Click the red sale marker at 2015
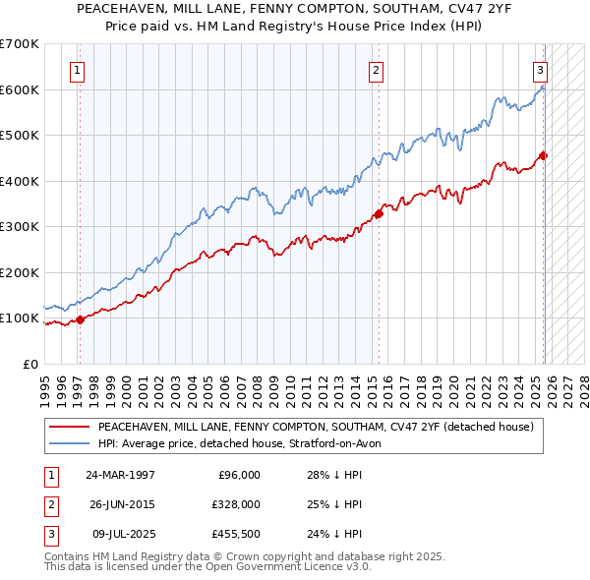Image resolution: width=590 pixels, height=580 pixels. coord(379,214)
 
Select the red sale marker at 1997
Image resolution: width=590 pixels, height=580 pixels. coord(80,319)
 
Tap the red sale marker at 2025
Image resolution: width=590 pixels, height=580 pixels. coord(544,155)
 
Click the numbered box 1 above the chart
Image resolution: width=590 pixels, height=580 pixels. coord(78,70)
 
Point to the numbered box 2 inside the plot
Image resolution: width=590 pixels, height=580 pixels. coord(377,70)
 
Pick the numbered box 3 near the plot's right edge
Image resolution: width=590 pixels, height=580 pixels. coord(540,70)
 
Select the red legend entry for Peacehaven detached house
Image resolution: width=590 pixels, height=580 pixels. coord(315,427)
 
